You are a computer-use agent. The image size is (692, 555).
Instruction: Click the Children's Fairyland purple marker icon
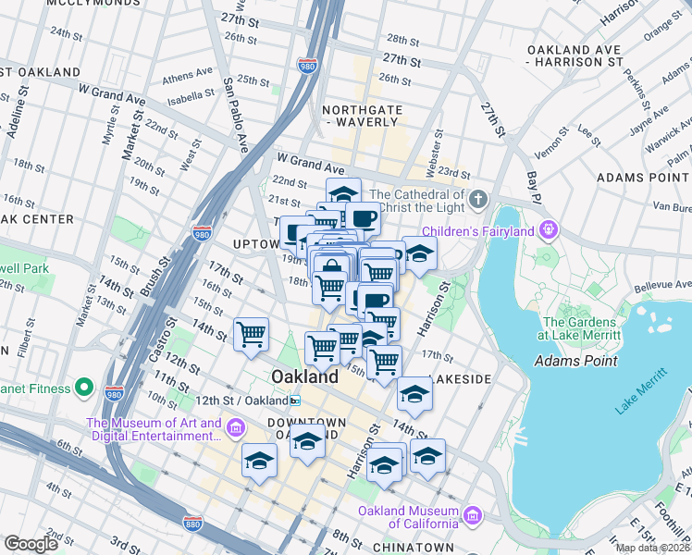click(550, 228)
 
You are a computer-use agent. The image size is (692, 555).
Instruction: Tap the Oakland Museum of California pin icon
click(473, 513)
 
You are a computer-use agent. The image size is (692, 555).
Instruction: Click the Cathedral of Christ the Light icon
click(476, 200)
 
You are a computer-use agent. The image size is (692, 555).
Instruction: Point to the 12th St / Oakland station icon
click(295, 401)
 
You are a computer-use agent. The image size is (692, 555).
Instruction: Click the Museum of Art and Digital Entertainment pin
click(236, 427)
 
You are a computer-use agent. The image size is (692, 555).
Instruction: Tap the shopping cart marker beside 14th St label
click(252, 335)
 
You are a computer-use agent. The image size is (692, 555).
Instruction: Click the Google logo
click(31, 543)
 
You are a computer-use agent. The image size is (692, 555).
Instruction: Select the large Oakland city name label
click(304, 377)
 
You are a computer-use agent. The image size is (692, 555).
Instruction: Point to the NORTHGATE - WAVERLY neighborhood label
click(363, 117)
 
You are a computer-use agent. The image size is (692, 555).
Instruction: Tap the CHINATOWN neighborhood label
click(416, 548)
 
